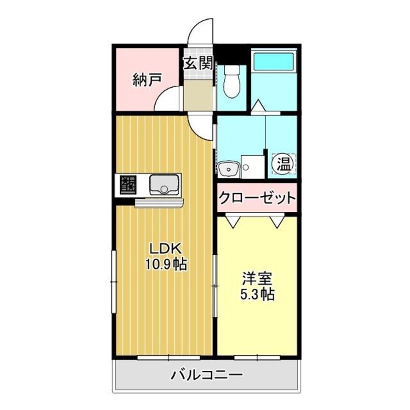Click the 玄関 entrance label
198,63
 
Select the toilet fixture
232,81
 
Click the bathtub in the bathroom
274,62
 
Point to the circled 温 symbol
284,164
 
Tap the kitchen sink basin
164,185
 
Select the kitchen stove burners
128,185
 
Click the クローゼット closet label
257,198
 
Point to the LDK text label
165,249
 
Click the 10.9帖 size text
166,265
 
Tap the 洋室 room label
257,279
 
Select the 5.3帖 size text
257,295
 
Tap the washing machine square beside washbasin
252,167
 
